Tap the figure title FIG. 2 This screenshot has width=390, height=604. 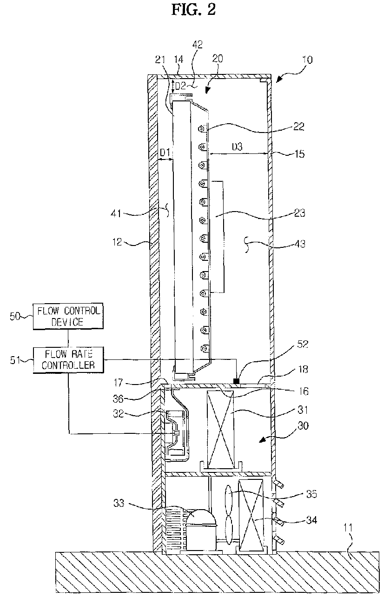[194, 10]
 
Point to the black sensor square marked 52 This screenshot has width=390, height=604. [237, 381]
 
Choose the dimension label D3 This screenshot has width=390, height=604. [239, 147]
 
